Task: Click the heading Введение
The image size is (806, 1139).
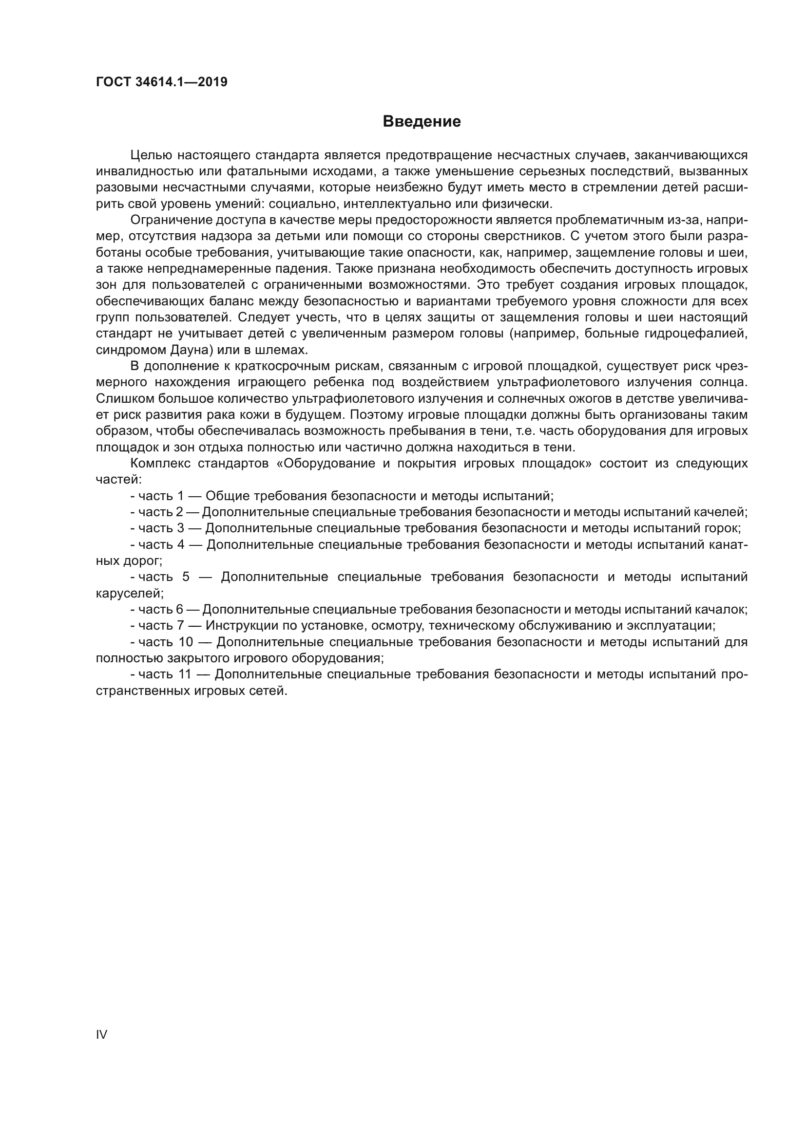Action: pyautogui.click(x=422, y=122)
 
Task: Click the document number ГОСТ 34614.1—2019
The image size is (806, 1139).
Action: pyautogui.click(x=162, y=82)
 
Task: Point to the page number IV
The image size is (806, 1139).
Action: pyautogui.click(x=101, y=1034)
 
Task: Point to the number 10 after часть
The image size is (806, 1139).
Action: pyautogui.click(x=186, y=642)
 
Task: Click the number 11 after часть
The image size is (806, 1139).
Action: pyautogui.click(x=185, y=674)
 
